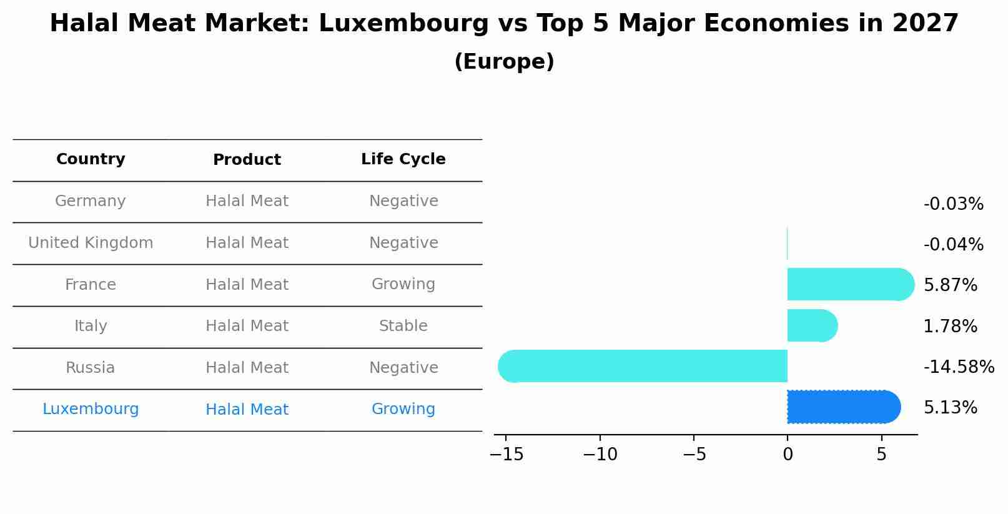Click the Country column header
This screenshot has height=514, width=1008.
pos(91,159)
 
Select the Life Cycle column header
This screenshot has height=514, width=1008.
pos(403,159)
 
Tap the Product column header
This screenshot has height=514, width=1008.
pos(247,160)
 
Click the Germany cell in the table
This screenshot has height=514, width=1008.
pos(91,201)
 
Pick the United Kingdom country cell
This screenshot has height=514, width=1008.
pos(91,243)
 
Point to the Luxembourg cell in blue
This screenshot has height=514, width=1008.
pos(91,409)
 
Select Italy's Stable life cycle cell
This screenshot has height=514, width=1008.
pos(403,326)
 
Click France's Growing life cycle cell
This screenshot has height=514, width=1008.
pos(403,284)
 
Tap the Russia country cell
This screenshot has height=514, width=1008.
pos(91,368)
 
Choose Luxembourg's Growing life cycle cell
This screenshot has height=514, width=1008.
pos(403,409)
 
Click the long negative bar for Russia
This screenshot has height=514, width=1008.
pos(643,366)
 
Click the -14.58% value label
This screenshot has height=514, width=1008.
pos(959,367)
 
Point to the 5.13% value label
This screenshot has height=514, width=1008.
pos(950,408)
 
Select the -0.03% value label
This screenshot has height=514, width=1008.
pos(953,204)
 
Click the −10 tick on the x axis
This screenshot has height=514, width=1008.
pos(600,455)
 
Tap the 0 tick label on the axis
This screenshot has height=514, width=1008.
pos(788,455)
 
